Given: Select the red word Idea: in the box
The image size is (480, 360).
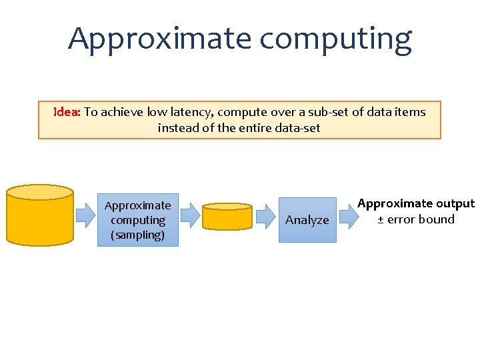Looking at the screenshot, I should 67,112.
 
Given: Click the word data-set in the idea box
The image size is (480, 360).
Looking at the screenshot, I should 294,127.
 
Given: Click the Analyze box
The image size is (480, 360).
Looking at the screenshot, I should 307,219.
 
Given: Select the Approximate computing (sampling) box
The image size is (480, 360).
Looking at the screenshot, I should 138,220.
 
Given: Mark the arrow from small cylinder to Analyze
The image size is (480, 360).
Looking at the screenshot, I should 265,215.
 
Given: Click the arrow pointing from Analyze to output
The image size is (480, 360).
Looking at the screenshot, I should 347,215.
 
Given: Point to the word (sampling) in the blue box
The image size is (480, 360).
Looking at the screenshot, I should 138,235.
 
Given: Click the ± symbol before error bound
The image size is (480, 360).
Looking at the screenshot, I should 381,219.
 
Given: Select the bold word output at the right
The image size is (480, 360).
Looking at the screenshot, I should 455,203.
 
